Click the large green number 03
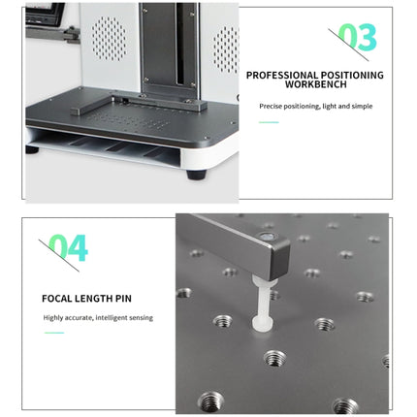(x=358, y=37)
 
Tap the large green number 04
(x=69, y=247)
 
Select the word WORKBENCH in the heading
(x=316, y=84)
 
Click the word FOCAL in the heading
(x=57, y=299)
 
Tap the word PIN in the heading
(x=123, y=299)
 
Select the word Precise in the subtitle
(x=271, y=106)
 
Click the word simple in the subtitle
(x=362, y=106)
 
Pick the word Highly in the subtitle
(x=53, y=318)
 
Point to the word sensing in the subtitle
(x=141, y=318)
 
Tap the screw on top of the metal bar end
(x=267, y=237)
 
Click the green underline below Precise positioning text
(x=269, y=122)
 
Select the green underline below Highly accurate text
(x=54, y=333)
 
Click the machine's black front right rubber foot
(x=196, y=174)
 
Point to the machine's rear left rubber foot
(x=32, y=149)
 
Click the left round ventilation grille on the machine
(x=109, y=39)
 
